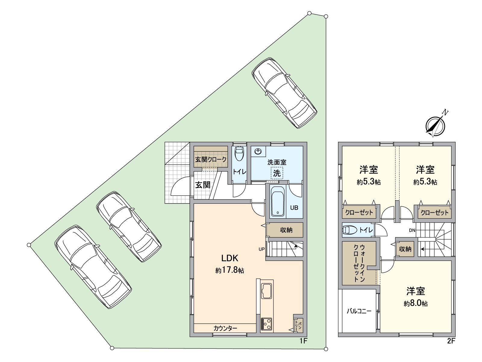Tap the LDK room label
coord(230,258)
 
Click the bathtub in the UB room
coord(278,201)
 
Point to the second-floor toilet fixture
coord(349,230)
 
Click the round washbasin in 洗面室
coord(258,151)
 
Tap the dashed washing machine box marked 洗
coord(277,173)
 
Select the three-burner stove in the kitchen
coord(266,324)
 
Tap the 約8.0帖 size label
coord(415,303)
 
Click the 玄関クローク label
coord(211,159)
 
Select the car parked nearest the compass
coord(284,93)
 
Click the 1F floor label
coord(304,341)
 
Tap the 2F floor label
coord(452,341)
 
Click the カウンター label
coord(225,329)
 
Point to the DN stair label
coord(412,230)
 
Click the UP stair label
coord(261,249)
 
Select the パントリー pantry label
coord(299,326)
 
